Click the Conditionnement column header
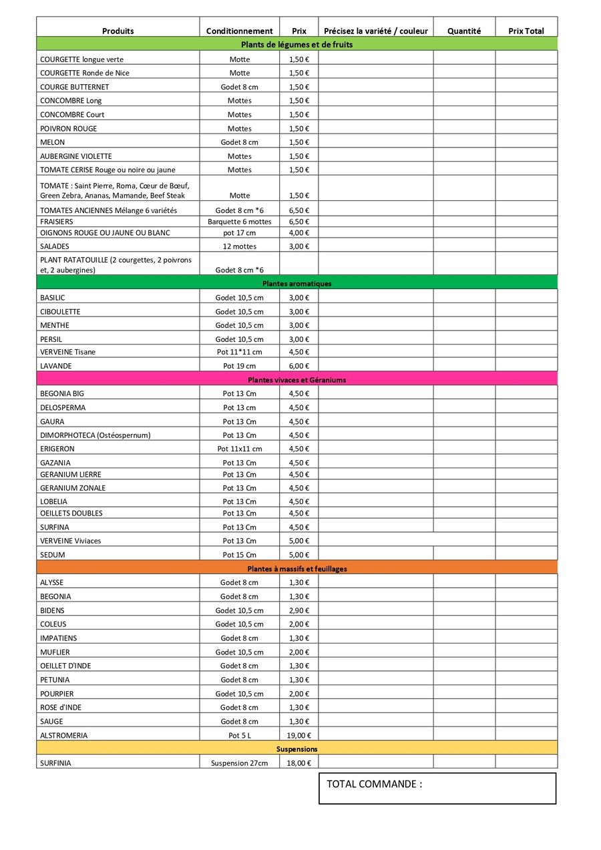point(239,31)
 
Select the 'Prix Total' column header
point(526,31)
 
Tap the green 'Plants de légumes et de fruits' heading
point(296,45)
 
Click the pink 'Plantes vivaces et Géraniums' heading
point(296,380)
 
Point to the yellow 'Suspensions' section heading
point(296,749)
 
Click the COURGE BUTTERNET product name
point(74,87)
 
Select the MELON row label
point(52,142)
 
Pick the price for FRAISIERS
point(298,222)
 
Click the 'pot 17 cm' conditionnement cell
point(239,233)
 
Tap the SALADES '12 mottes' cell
point(239,246)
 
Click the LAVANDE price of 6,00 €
point(298,366)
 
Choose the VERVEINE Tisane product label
point(67,352)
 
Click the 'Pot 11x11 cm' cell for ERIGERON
point(239,449)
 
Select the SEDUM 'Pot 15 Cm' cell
point(239,555)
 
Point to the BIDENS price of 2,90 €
point(298,610)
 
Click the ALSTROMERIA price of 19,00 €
point(298,735)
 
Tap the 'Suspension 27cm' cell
point(239,763)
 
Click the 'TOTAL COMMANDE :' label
point(374,784)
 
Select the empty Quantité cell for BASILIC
point(463,298)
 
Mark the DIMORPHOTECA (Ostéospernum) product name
point(95,435)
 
